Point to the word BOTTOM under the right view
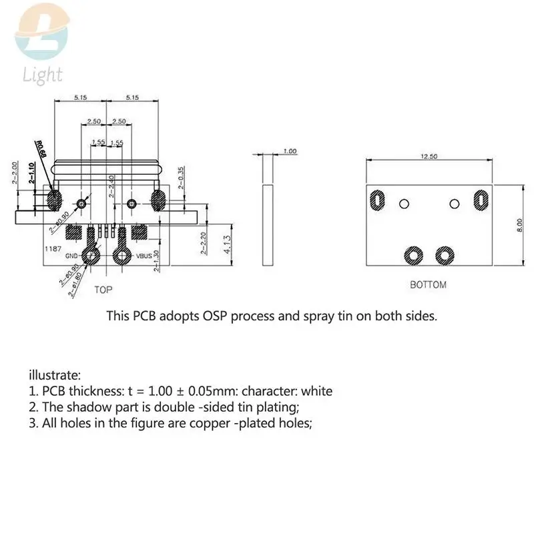pos(428,284)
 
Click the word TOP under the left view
pos(103,290)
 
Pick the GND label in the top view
pos(73,256)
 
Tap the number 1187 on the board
pos(53,248)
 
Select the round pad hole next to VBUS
pos(123,254)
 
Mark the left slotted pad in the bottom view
pos(377,200)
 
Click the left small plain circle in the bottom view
pos(403,202)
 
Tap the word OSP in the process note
pos(235,316)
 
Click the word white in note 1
pos(316,391)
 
